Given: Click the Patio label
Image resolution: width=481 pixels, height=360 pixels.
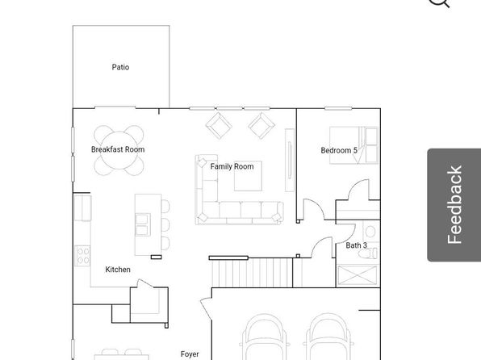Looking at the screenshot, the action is (120, 67).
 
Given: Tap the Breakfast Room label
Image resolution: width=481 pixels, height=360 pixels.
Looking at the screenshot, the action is (118, 149).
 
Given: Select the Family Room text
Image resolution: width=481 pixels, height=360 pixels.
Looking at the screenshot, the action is (232, 166).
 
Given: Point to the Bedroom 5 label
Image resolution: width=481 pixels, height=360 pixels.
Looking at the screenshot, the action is (339, 150).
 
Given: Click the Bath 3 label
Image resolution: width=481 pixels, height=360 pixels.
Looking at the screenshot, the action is (356, 245).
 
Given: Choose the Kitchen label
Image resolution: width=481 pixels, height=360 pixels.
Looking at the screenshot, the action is (118, 270).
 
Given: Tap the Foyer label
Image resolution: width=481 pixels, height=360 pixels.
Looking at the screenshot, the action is (190, 354).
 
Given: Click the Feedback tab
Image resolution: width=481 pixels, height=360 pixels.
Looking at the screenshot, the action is (454, 205).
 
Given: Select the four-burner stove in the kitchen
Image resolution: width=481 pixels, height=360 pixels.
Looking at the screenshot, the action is (82, 256).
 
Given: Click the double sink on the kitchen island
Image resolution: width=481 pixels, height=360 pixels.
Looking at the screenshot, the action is (143, 224).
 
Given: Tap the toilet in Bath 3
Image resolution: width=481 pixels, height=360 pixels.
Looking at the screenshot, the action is (369, 253).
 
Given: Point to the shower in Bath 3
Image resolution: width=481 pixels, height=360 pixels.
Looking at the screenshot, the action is (358, 275).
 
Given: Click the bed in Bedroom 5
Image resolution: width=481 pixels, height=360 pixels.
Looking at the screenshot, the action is (353, 145).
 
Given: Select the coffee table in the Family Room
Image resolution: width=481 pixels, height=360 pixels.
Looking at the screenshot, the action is (249, 176).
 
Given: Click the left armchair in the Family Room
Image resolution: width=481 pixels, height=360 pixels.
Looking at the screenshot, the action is (219, 126).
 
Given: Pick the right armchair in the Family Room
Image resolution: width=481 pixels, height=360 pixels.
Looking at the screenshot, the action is (261, 126).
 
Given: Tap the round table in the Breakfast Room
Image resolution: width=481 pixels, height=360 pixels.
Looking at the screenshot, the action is (119, 150).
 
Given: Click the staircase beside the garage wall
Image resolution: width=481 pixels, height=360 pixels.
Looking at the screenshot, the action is (252, 273).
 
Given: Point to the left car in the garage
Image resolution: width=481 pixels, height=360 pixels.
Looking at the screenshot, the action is (265, 337).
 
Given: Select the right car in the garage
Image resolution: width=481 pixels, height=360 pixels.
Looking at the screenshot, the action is (328, 337).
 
